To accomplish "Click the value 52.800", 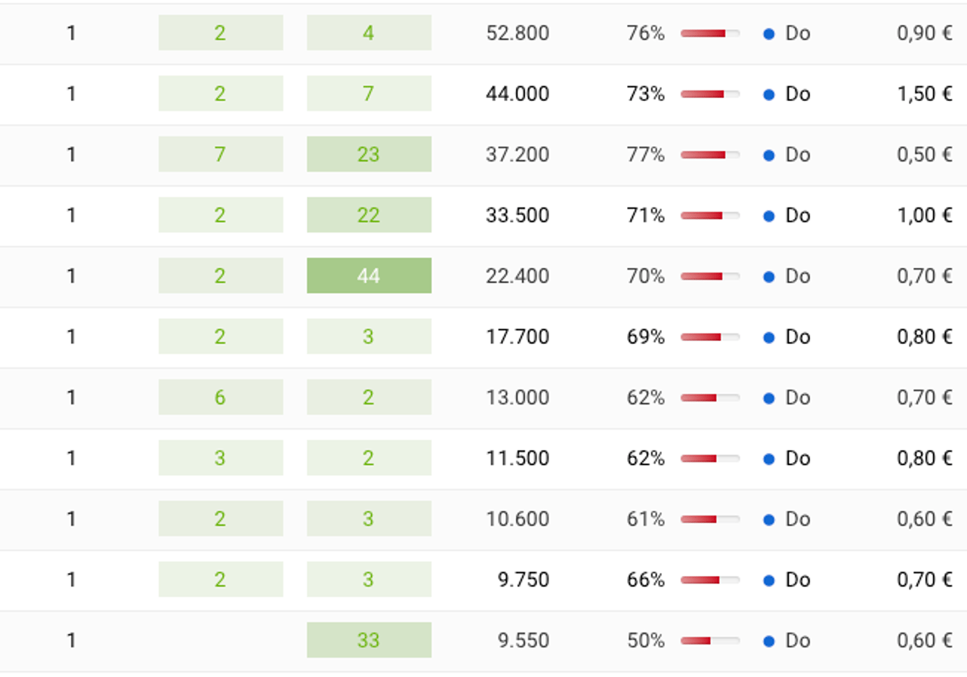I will coord(517,33).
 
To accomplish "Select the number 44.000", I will coord(517,94).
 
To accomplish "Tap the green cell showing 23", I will coord(369,155).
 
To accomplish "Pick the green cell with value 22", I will coord(369,215).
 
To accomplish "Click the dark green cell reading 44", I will coord(369,276).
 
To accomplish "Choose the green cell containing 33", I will coord(369,641).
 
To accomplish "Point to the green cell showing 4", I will coord(369,33).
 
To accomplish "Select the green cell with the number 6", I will coord(220,398).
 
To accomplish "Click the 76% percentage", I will coord(645,33).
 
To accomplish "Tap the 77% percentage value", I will coord(645,155).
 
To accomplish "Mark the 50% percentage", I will coord(645,641).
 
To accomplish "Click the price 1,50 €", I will coord(925,94).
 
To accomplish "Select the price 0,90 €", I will coord(925,33).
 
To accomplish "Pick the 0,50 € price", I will coord(925,155).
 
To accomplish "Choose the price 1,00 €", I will coord(925,215).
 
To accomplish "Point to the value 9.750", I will coord(524,580).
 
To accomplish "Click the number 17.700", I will coord(517,337).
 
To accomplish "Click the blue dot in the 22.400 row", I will coord(769,276).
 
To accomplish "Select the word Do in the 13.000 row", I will coord(798,398).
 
